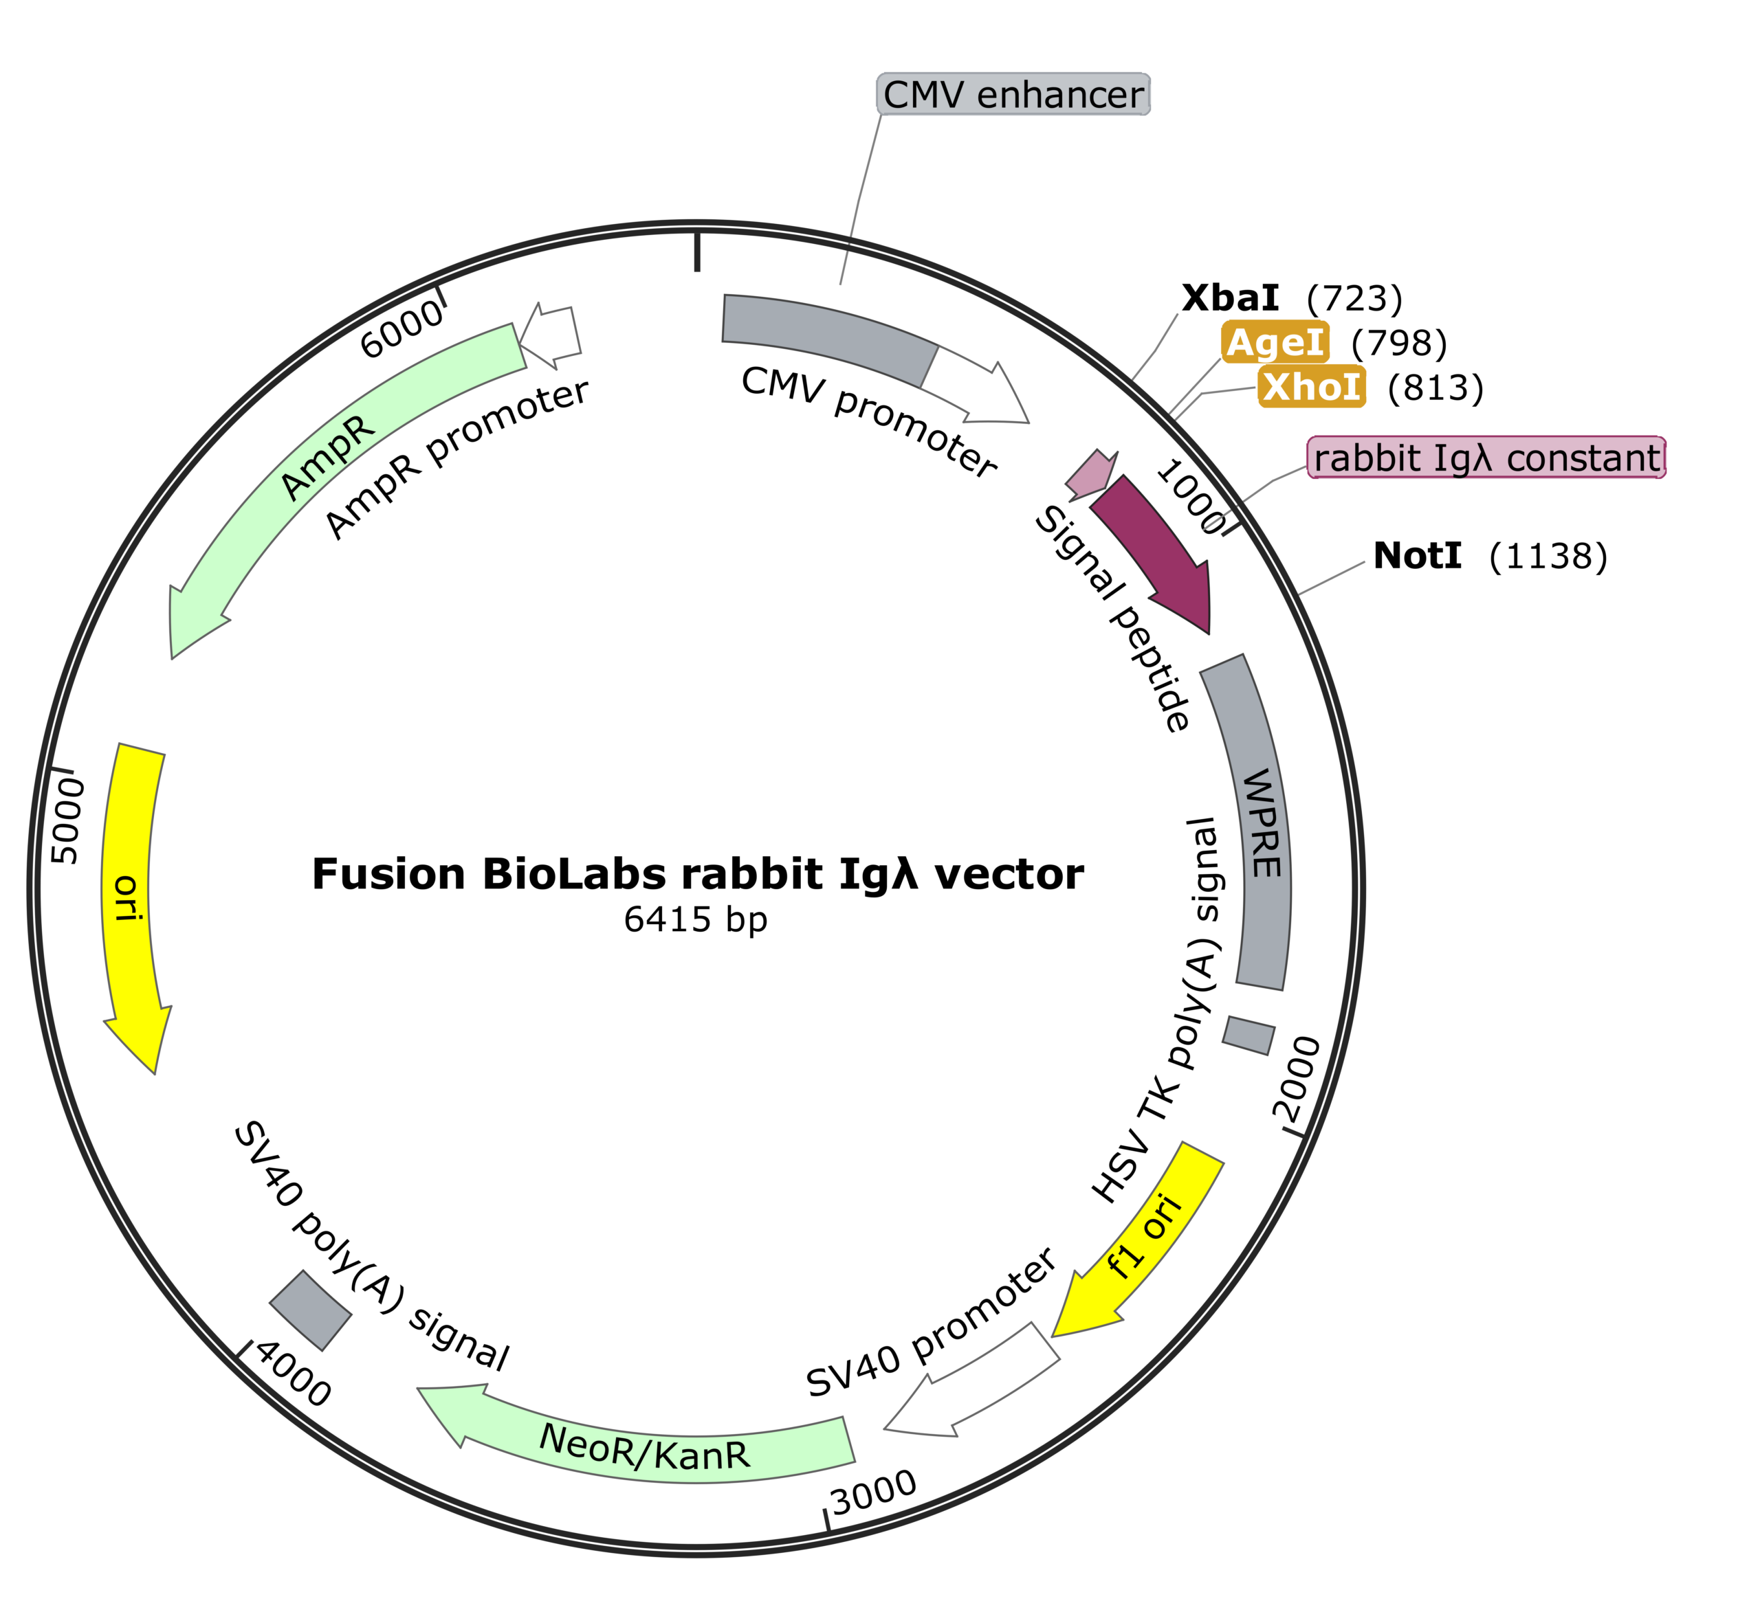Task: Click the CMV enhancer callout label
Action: [x=1013, y=95]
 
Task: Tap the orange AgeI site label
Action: [x=1275, y=342]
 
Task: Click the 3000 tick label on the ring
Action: [x=874, y=1493]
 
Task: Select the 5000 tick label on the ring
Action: [x=66, y=821]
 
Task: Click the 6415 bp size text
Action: [x=696, y=919]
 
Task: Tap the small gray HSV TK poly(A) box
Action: [x=1248, y=1035]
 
